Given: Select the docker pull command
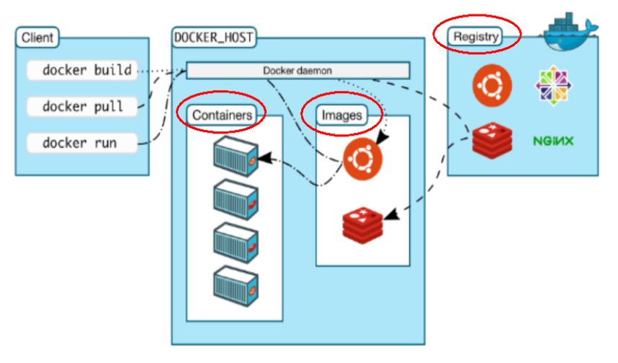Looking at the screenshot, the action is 82,107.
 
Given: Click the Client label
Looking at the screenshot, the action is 37,38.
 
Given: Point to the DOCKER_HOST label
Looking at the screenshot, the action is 214,38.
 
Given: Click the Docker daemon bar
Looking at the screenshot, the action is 297,71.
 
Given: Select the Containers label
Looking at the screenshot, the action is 222,115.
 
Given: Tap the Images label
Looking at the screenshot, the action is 341,115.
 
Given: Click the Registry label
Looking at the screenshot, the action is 475,37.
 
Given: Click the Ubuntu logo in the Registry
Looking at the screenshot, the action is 492,86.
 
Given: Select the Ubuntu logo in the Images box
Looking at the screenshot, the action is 362,159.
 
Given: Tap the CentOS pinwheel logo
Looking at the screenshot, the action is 553,85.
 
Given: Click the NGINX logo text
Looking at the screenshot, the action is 553,141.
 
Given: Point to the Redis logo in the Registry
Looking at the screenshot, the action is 492,140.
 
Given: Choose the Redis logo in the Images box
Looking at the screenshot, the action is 362,225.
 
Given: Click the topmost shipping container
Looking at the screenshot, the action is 236,156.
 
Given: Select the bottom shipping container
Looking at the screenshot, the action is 236,287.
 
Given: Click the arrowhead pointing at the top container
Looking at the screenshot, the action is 266,158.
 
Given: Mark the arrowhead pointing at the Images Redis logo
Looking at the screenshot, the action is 391,214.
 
